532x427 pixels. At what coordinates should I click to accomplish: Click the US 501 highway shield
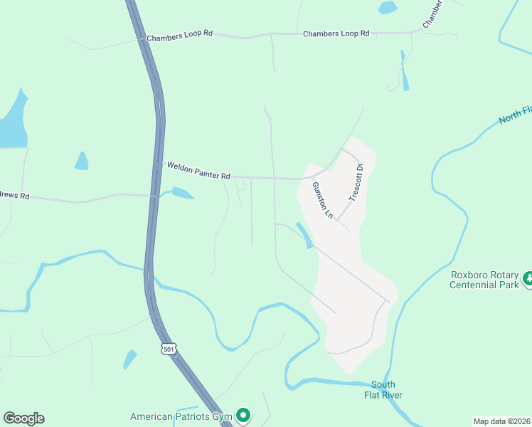tap(169, 348)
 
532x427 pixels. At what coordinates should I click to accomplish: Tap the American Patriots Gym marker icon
tap(243, 414)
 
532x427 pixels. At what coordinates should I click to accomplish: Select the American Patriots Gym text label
tap(181, 416)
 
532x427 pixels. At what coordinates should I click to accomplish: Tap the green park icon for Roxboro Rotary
tap(528, 278)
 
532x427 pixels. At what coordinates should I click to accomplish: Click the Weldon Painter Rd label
tap(198, 171)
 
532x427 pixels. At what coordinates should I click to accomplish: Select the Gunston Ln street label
tap(322, 199)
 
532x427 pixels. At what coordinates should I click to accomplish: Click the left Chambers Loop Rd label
tap(179, 36)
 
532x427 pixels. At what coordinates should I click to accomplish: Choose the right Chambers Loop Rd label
tap(336, 33)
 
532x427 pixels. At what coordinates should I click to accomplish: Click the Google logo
tap(23, 418)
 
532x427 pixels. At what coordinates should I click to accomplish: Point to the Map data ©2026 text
tap(501, 421)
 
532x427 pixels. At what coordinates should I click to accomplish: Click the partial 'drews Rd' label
tap(14, 196)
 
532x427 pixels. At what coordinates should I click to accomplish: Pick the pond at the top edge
tap(388, 8)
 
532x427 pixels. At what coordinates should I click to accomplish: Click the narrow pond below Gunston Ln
tap(304, 236)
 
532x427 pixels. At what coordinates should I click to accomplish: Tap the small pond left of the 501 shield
tap(129, 358)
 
